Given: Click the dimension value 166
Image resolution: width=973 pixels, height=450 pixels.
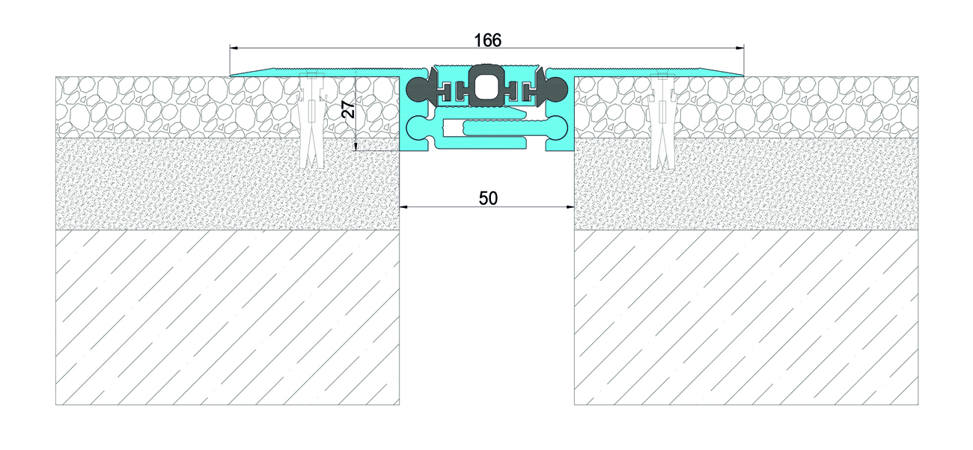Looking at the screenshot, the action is (487, 40).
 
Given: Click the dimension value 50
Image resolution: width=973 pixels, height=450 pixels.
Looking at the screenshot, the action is (488, 198).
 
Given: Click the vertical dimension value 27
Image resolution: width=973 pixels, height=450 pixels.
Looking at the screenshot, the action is (348, 110).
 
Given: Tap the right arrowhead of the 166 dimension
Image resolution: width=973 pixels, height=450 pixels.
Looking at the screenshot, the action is (739, 47).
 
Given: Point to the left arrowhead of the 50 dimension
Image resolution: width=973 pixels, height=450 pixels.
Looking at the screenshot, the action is (404, 207).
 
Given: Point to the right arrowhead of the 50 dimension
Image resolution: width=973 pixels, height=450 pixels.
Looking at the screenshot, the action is (569, 207).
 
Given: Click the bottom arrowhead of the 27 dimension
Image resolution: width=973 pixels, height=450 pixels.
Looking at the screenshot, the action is (356, 147).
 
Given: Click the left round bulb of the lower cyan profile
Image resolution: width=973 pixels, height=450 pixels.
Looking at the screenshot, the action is (417, 129).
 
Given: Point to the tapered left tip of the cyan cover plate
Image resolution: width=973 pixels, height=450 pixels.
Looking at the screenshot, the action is (231, 75).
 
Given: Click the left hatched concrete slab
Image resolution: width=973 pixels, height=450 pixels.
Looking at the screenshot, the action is (228, 317).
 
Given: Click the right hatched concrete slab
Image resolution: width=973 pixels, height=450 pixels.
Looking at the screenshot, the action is (746, 317).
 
